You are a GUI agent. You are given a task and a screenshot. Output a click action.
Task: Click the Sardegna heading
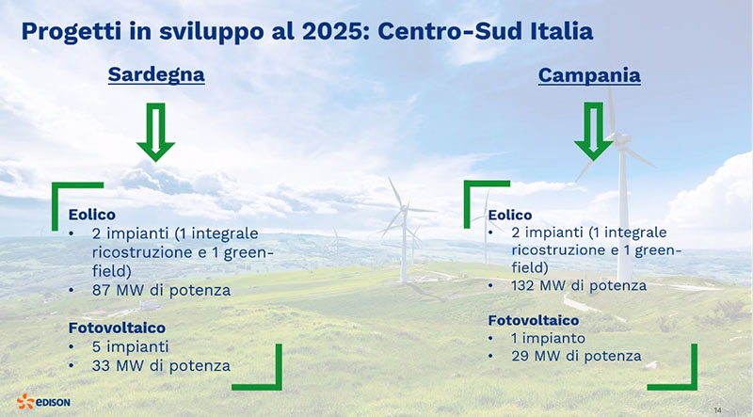point(156,75)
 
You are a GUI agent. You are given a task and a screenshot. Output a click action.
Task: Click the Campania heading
point(589,75)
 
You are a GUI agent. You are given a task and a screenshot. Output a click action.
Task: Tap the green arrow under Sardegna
point(155,132)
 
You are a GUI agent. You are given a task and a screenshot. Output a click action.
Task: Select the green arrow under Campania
point(594,131)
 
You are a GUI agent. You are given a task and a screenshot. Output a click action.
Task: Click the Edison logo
point(43,402)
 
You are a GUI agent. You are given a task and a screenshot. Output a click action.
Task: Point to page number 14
point(717,410)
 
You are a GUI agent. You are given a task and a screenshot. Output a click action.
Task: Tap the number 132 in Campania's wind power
point(523,286)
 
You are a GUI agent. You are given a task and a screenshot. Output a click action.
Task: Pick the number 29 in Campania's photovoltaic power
point(521,356)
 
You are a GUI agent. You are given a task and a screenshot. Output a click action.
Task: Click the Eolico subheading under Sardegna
point(91,215)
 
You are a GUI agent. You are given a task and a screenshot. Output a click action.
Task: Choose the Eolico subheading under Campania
point(510,215)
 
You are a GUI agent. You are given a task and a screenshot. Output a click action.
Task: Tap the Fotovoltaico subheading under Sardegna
point(117,328)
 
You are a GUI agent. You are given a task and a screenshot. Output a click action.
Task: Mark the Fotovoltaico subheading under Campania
point(534,320)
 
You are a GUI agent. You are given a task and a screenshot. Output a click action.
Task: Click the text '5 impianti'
point(131,346)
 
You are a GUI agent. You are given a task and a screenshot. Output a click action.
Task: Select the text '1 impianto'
point(549,339)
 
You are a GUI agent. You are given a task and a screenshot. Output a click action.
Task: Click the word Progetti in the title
point(72,33)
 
